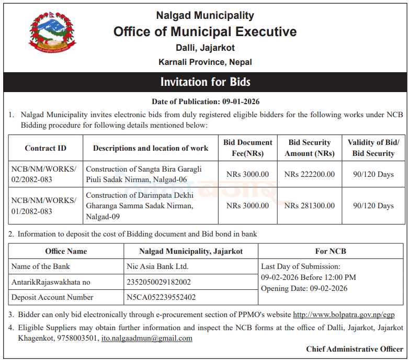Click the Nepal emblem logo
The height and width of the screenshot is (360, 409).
[52, 32]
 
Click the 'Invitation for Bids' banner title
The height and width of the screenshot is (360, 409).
[205, 82]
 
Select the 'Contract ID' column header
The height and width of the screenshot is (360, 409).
[46, 148]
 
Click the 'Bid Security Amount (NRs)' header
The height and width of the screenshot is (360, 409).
[310, 148]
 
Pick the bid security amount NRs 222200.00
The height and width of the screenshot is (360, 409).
[310, 174]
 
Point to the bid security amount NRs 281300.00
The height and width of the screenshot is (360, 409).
[310, 206]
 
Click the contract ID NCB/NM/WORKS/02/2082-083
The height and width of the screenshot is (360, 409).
[44, 174]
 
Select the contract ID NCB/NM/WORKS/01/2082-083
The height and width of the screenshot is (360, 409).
[44, 206]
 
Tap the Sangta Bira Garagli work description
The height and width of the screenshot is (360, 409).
[144, 174]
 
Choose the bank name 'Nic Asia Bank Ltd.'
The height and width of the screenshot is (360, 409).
[157, 266]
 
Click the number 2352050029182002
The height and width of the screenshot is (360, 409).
[159, 282]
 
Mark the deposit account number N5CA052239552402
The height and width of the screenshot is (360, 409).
[161, 297]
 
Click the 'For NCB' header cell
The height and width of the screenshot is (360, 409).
[331, 251]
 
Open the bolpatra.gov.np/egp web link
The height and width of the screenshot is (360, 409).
[344, 315]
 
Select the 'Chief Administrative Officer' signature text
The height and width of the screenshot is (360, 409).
[355, 349]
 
